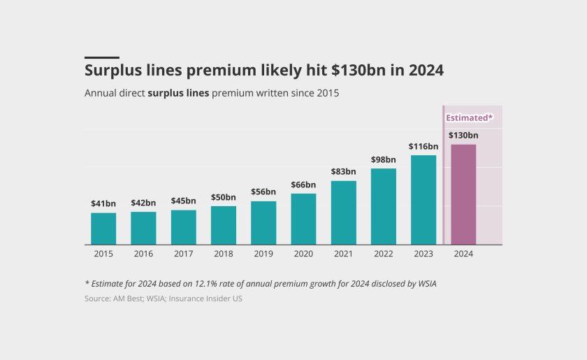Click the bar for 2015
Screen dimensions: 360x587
coord(103,229)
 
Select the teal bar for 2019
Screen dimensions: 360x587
coord(263,223)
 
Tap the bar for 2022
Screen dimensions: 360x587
coord(384,206)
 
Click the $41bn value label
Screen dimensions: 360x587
coord(103,203)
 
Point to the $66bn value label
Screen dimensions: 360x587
coord(303,185)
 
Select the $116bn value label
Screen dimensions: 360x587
coord(423,146)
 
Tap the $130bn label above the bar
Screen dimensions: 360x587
coord(463,135)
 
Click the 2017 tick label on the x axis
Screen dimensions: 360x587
coord(183,254)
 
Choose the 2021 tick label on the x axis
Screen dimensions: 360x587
coord(343,254)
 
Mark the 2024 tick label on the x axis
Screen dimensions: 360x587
coord(463,254)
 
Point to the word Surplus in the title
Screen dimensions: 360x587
coord(113,71)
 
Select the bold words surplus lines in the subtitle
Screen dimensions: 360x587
coord(178,93)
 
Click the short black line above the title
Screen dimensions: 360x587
coord(102,57)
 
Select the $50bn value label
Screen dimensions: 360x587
coord(224,197)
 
